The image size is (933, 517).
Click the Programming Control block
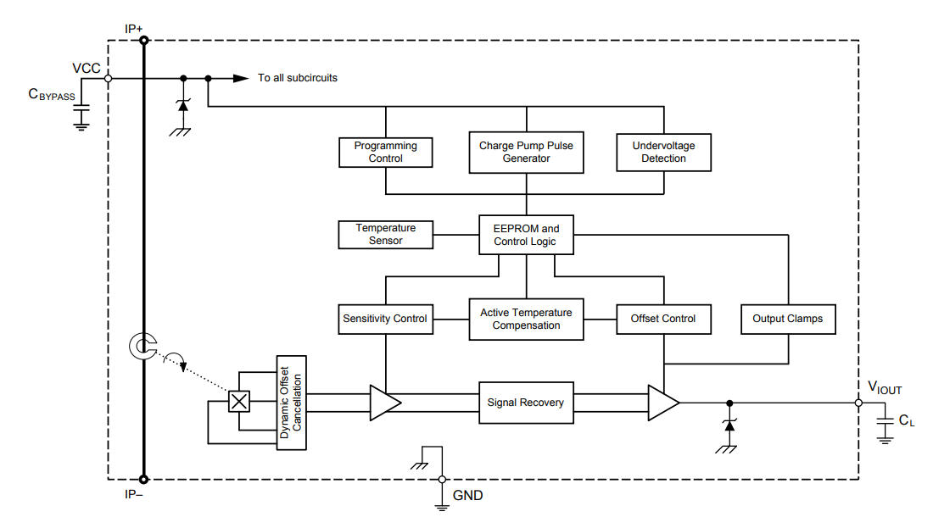pos(385,153)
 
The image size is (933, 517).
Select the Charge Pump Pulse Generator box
pos(526,153)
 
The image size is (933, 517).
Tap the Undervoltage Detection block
pos(663,153)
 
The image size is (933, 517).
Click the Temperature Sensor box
pos(385,235)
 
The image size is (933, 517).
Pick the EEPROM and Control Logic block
pos(526,235)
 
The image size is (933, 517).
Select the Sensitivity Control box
pos(385,319)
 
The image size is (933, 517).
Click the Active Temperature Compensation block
pos(526,319)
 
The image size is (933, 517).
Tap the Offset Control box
pos(663,319)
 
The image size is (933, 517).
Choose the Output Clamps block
pos(788,319)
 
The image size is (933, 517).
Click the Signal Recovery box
pos(526,403)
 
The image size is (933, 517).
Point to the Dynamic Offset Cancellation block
pos(291,403)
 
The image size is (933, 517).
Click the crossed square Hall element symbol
pos(240,402)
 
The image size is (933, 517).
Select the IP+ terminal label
pos(134,29)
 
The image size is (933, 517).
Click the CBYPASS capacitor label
pos(52,95)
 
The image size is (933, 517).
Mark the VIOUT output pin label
pos(884,389)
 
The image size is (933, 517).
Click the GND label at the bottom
pos(468,495)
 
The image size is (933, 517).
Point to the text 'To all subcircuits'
pos(298,78)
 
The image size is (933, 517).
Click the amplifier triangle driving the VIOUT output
pos(662,403)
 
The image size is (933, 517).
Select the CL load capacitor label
pos(906,420)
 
